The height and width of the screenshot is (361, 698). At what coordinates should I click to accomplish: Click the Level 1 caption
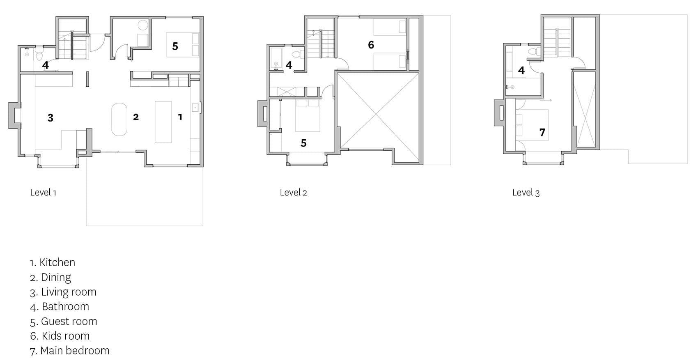(x=43, y=192)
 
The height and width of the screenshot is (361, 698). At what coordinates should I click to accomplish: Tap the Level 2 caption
(x=293, y=192)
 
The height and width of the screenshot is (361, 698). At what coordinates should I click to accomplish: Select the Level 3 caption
(x=526, y=192)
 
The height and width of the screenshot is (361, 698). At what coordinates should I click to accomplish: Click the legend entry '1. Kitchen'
(x=53, y=262)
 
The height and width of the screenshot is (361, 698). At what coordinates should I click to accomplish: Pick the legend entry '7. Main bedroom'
(x=69, y=351)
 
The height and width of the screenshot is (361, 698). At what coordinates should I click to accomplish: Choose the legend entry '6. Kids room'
(x=60, y=336)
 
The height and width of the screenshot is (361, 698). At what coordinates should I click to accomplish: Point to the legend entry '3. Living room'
(x=63, y=292)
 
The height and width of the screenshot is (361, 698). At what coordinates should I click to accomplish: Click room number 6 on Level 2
(x=371, y=45)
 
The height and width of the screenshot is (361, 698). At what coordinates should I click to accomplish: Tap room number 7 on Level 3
(x=542, y=133)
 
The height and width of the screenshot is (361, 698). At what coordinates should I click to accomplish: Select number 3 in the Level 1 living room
(x=51, y=118)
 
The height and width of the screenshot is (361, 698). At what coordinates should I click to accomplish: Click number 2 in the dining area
(x=136, y=117)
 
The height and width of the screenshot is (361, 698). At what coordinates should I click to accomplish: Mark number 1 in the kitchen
(x=180, y=117)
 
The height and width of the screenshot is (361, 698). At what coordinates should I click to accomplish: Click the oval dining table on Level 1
(x=119, y=120)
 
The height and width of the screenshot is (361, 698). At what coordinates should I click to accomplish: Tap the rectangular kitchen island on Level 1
(x=163, y=122)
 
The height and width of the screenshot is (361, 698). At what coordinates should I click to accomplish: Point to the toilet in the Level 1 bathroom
(x=39, y=54)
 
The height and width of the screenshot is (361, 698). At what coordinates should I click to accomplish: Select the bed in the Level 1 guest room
(x=183, y=45)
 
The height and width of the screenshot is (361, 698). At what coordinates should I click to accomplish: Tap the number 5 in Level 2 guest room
(x=303, y=143)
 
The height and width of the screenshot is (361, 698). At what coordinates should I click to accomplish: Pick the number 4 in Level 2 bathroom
(x=289, y=65)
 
